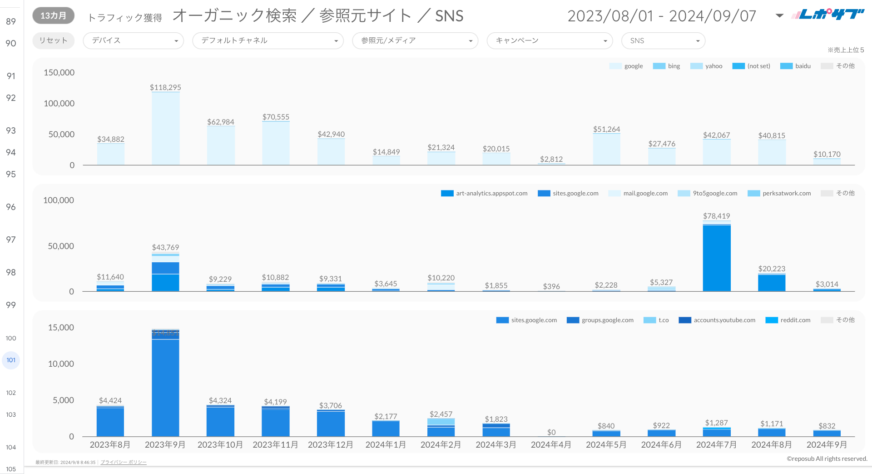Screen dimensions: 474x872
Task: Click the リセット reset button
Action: pos(53,40)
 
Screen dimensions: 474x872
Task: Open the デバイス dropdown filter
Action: pos(133,40)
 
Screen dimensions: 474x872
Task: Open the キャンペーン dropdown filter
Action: pos(550,40)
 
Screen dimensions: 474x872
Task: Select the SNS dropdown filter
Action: pos(663,40)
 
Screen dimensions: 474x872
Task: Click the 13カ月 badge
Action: pos(53,15)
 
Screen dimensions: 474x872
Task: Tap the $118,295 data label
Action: pos(165,87)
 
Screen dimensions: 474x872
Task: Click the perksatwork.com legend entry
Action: pos(786,193)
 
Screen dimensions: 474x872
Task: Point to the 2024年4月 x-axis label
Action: pos(551,444)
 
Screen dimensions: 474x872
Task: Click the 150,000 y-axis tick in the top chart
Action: pos(59,73)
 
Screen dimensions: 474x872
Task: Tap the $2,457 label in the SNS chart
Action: pos(441,414)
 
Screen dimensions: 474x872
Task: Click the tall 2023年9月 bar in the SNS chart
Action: pos(165,386)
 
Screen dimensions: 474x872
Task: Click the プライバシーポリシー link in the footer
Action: pos(124,462)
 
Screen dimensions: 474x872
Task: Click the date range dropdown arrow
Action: pos(779,16)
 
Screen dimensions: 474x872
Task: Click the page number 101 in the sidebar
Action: pos(11,360)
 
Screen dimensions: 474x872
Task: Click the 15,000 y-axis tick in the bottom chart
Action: pos(61,328)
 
